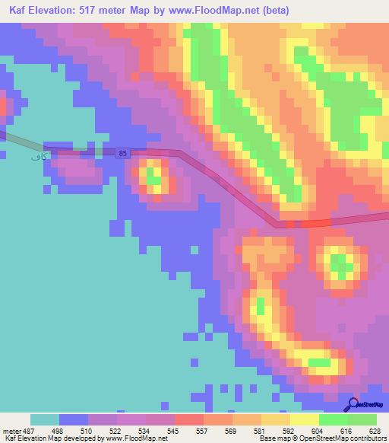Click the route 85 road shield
[x=122, y=154]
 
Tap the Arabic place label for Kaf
[x=35, y=156]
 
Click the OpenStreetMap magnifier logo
[x=353, y=403]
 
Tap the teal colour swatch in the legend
[x=45, y=419]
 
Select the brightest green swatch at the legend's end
[x=362, y=419]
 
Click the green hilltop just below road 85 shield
[x=155, y=177]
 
